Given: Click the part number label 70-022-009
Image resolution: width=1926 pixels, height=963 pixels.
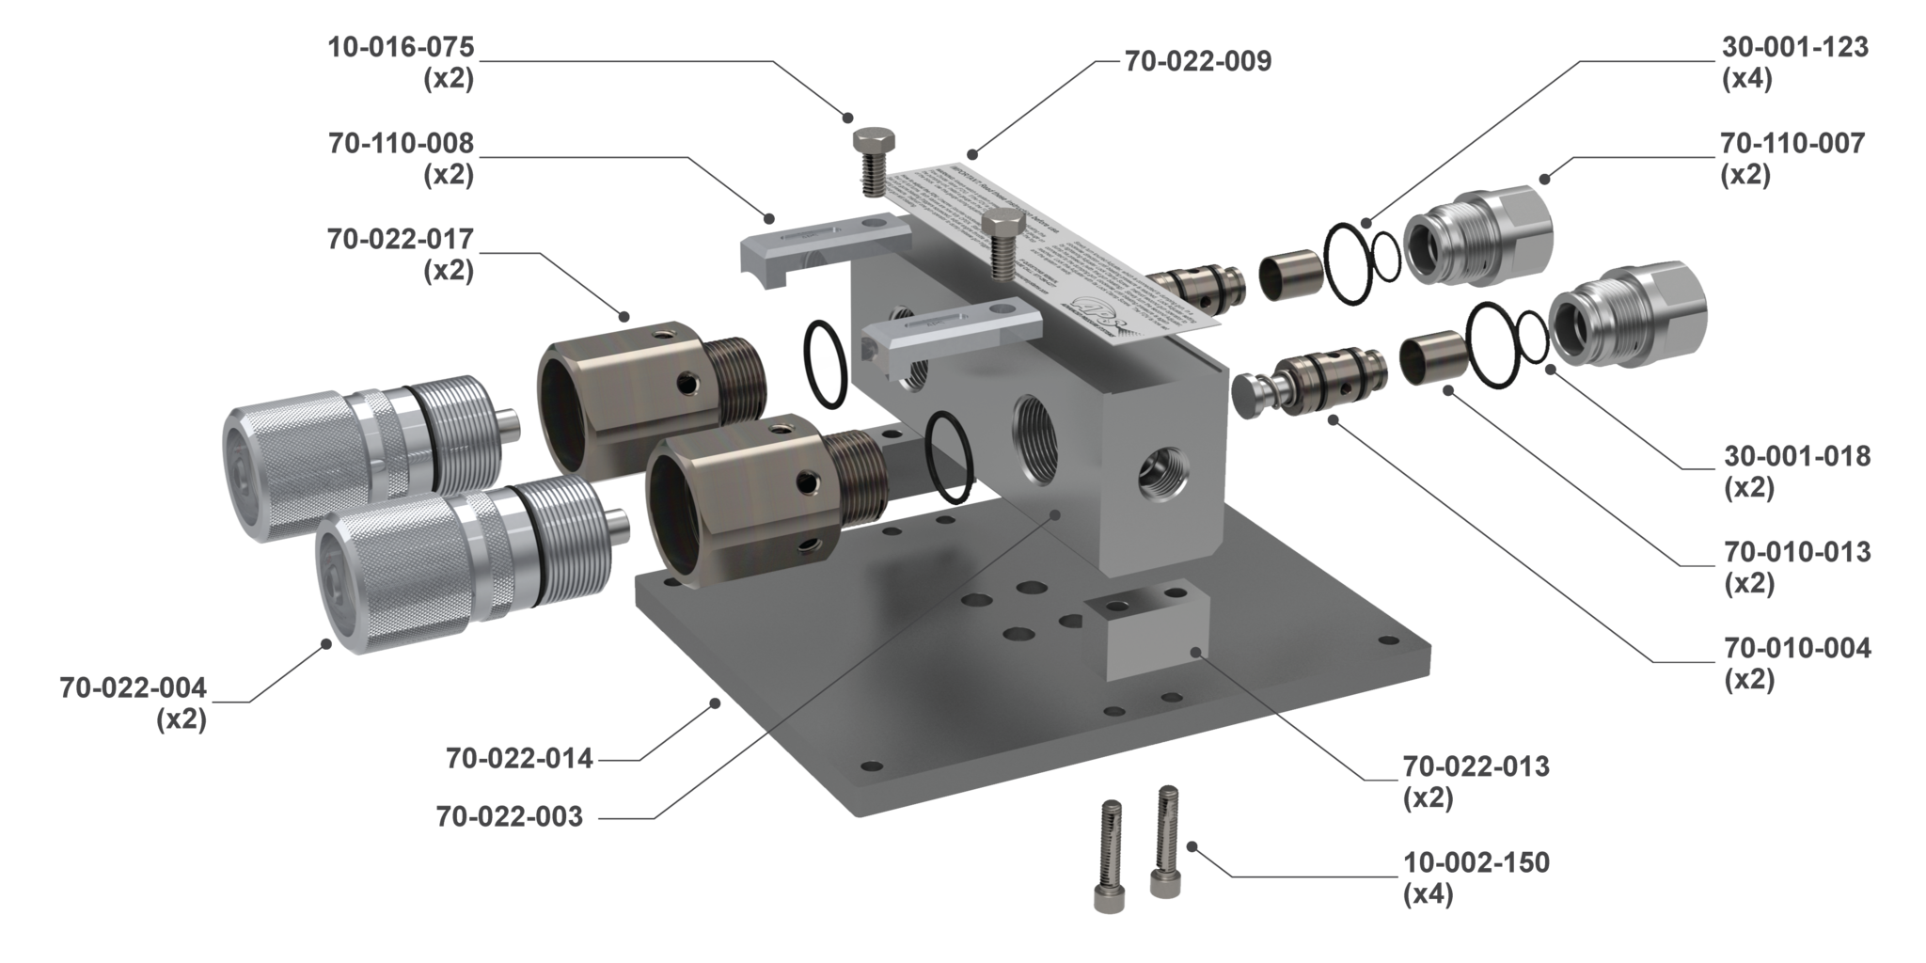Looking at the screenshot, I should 1197,62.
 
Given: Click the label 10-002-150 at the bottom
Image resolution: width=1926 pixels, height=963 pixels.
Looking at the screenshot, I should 1476,861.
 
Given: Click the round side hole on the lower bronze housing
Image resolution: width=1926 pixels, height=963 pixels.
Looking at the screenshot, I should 806,483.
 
